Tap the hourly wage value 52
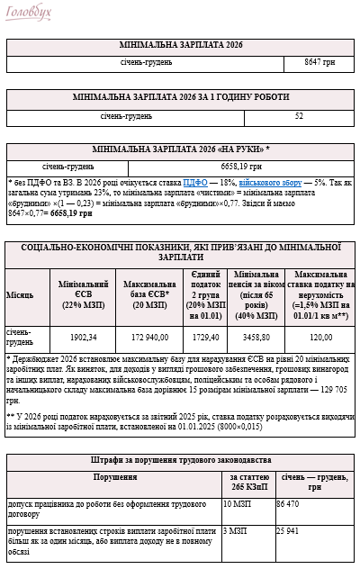click(299, 116)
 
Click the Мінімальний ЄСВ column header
click(85, 294)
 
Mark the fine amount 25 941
click(293, 532)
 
